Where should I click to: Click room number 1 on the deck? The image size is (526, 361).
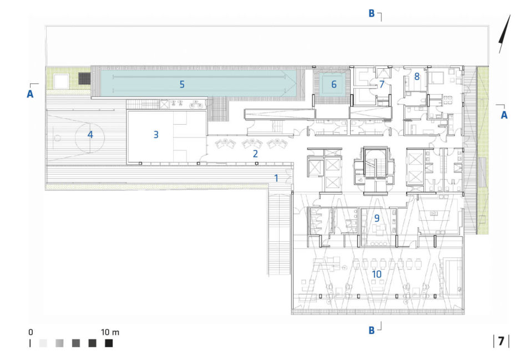tap(276, 178)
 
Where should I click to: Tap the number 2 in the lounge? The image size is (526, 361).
tap(255, 154)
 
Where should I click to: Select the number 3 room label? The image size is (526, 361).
tap(156, 135)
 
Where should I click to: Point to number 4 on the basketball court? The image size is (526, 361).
tap(90, 135)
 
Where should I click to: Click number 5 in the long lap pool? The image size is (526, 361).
tap(182, 84)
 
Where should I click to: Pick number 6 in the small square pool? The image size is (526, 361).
tap(334, 84)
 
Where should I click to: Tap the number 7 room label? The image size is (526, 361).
tap(381, 84)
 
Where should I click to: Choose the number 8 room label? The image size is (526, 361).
tap(417, 77)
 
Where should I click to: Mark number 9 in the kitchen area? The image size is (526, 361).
tap(377, 218)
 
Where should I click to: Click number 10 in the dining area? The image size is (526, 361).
tap(377, 274)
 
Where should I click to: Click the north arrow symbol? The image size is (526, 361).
tap(504, 33)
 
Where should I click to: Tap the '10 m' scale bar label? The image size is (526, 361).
tap(110, 332)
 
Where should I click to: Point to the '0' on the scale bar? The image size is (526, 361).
tap(31, 332)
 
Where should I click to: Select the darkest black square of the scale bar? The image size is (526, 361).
tap(109, 343)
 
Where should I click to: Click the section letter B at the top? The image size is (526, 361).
tap(371, 13)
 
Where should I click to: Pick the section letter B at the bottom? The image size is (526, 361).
tap(371, 331)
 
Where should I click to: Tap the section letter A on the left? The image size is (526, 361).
tap(30, 94)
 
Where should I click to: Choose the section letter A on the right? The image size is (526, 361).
tap(504, 115)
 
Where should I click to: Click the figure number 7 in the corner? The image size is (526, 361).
tap(501, 341)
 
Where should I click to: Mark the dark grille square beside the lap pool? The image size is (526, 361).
tap(84, 79)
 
